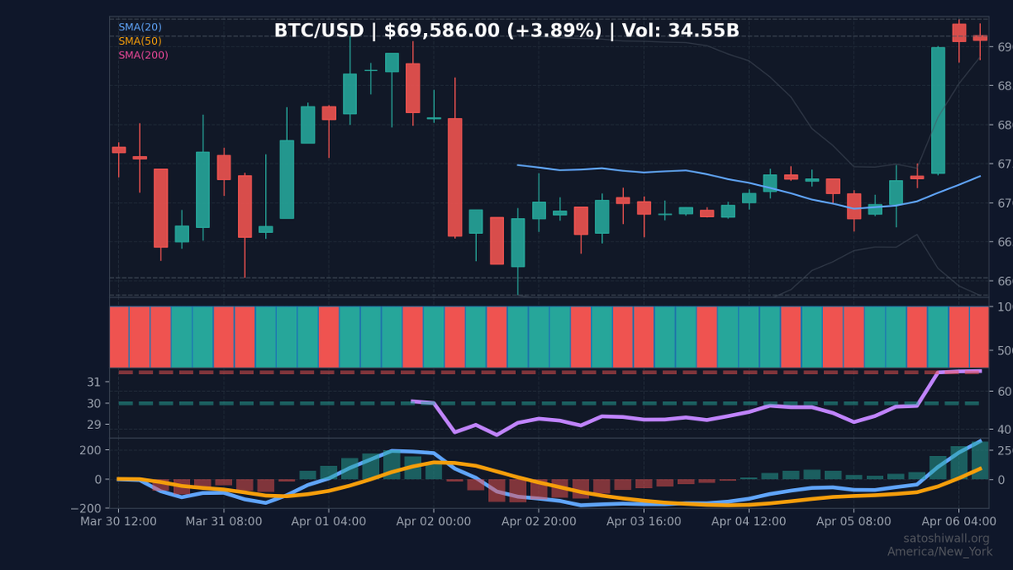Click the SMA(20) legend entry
pos(140,27)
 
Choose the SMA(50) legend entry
pos(140,41)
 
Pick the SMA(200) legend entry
pos(144,56)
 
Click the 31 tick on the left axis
pos(94,383)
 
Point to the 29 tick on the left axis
pos(94,425)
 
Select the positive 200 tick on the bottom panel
pos(89,450)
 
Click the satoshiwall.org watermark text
pos(946,539)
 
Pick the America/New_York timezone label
pos(940,552)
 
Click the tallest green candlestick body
pos(938,111)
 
